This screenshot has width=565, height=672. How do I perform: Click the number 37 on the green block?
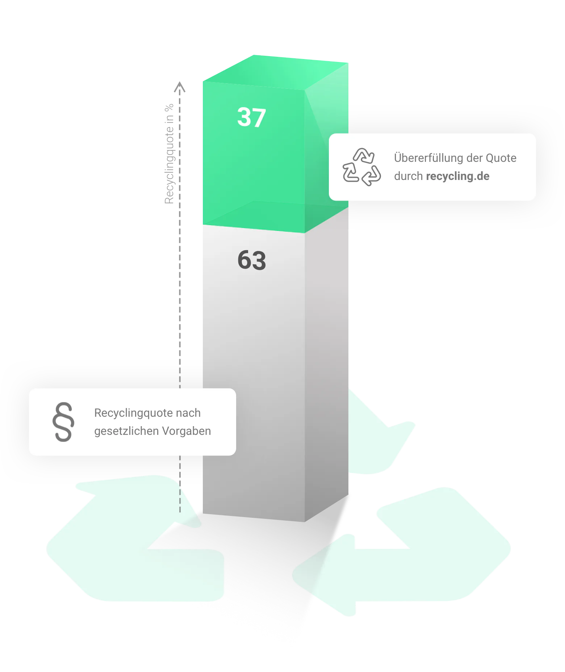[x=252, y=117]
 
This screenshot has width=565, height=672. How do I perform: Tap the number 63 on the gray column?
[x=252, y=260]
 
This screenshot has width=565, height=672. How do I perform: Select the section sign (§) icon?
[x=63, y=422]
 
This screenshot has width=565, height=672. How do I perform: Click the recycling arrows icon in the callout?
[x=362, y=167]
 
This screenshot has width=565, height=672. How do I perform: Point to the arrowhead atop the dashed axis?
[x=180, y=87]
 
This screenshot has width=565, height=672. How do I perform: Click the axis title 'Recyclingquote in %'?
[x=169, y=154]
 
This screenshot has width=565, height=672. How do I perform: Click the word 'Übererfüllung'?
[x=423, y=158]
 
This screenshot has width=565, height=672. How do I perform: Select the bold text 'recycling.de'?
[x=458, y=176]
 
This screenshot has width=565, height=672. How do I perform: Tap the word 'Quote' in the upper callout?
[x=501, y=158]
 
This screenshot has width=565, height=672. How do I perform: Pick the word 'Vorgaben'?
[x=187, y=431]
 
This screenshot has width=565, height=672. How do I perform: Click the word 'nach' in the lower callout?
[x=188, y=413]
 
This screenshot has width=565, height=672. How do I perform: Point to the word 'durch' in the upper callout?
[x=409, y=176]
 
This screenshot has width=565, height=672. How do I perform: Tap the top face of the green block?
[x=276, y=72]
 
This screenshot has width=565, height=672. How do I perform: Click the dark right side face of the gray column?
[x=326, y=362]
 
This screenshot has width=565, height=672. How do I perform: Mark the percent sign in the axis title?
[x=169, y=108]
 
